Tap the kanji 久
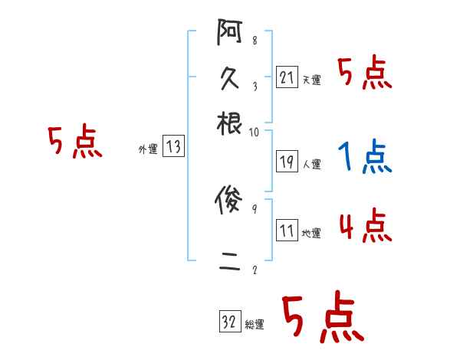point(230,78)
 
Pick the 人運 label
point(312,164)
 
